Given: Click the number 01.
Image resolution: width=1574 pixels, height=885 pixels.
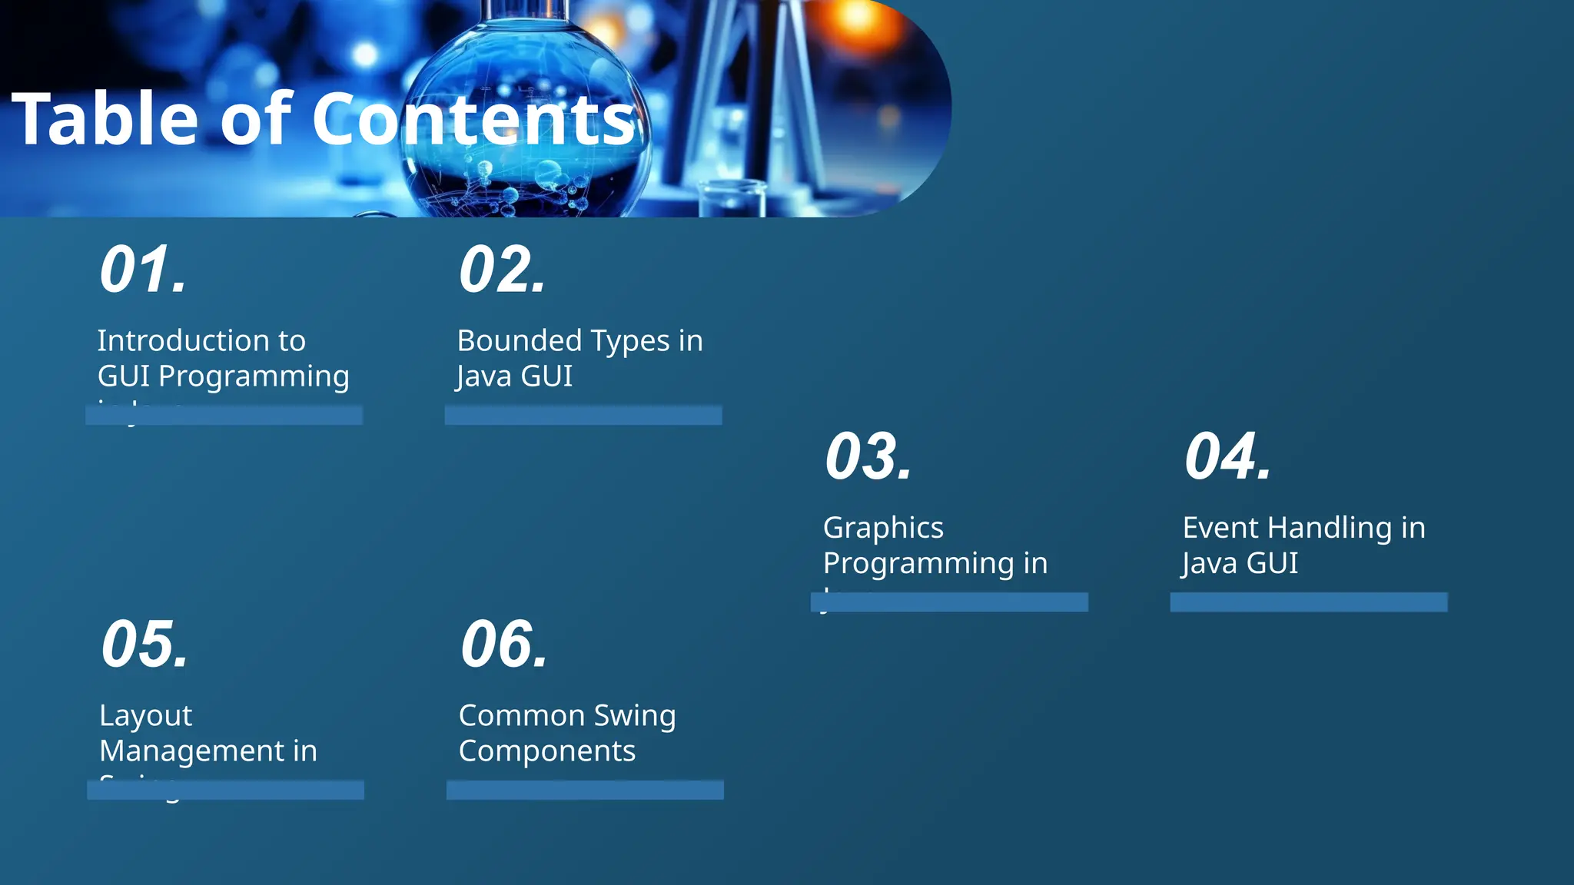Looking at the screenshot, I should pos(144,270).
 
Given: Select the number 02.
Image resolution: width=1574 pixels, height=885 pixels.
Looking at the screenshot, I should pos(503,270).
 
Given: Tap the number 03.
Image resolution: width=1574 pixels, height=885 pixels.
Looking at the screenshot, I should pos(868,457).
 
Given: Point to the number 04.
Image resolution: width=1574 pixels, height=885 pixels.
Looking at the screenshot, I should pos(1228,457).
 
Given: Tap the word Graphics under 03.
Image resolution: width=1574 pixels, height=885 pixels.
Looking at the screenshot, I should pos(883,528).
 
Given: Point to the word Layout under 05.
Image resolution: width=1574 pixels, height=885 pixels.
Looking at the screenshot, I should pos(145,716).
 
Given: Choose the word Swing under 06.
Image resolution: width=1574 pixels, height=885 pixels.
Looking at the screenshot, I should pos(634,716).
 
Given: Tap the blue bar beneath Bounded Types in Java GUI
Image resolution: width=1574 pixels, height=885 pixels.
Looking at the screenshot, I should pos(583,416).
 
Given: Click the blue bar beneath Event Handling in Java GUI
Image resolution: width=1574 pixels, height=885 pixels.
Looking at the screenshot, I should pos(1309,602).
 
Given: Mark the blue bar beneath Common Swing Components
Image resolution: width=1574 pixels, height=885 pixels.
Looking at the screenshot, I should pos(585,790).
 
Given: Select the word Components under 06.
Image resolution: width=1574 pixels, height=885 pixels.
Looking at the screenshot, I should pos(547,751).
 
